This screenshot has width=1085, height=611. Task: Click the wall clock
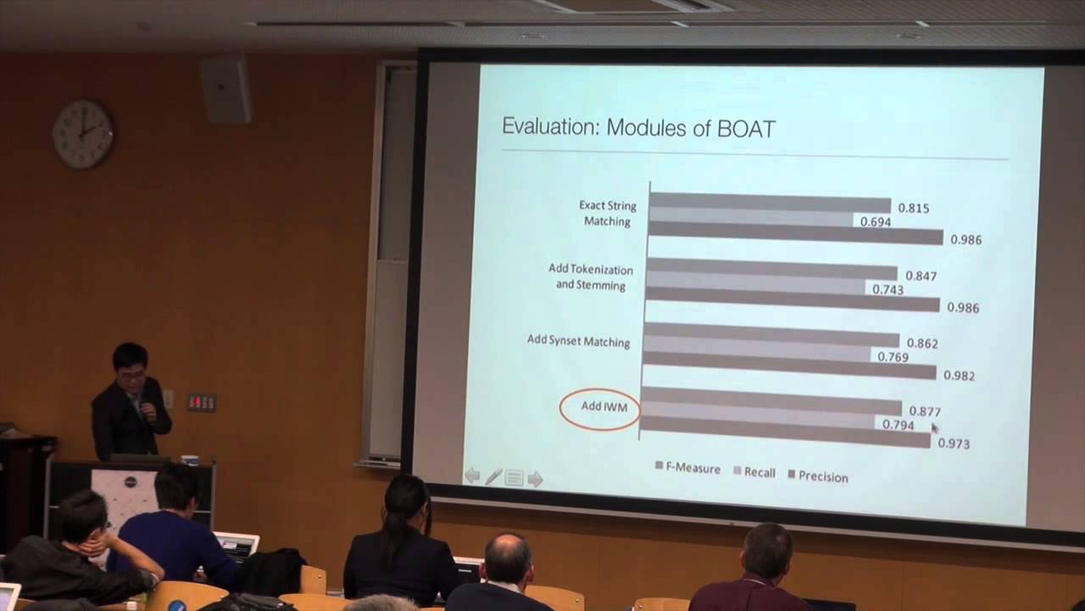83,134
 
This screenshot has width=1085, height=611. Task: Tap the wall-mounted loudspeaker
225,90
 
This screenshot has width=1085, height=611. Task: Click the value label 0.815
913,208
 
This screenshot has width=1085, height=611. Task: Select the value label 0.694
875,221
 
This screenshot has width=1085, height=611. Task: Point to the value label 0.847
921,276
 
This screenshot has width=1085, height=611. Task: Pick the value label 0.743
887,289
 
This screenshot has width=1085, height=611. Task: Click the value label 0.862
922,344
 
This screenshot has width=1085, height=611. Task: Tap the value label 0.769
893,357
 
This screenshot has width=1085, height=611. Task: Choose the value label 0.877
925,412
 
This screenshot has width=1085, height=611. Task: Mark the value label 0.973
954,443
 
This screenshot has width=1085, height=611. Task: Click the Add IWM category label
604,406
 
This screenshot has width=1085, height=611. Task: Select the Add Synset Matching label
578,341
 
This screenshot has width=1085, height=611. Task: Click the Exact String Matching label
607,213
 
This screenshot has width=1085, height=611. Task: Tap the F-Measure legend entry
687,468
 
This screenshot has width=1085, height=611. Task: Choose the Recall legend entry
754,472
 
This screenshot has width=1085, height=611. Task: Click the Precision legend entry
818,476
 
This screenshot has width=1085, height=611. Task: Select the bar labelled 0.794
758,421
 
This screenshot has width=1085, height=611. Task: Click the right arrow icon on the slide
535,479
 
